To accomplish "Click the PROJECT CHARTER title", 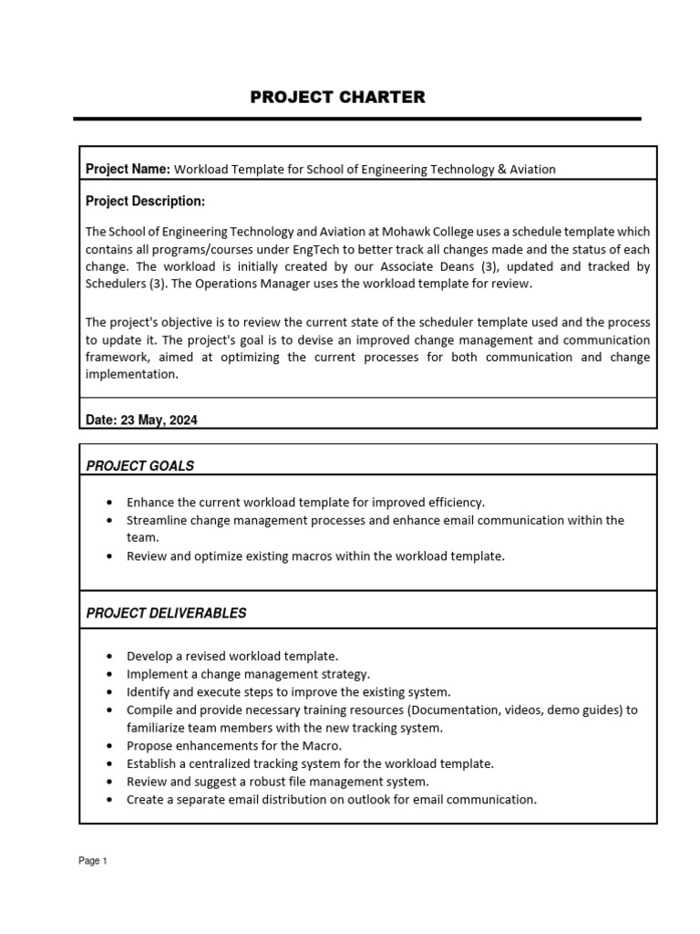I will click(337, 98).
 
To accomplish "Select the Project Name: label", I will click(128, 169).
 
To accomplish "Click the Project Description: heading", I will click(145, 201).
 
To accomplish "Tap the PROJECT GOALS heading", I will click(139, 466).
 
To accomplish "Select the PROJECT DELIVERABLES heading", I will click(166, 613).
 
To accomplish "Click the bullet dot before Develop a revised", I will click(110, 656).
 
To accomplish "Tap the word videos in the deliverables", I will click(565, 710).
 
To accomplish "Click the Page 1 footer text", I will click(93, 861).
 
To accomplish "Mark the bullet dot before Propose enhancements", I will click(110, 746).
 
